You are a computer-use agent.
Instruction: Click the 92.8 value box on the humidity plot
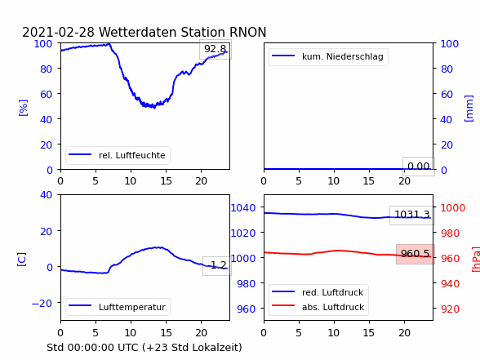click(x=216, y=49)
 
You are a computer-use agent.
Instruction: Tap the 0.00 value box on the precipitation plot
click(x=419, y=167)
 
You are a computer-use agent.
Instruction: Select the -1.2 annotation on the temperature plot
click(x=217, y=265)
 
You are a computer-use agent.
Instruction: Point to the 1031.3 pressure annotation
click(x=412, y=216)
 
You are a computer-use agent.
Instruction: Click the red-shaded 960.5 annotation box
click(x=416, y=254)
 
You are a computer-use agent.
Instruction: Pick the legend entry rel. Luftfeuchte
click(x=118, y=155)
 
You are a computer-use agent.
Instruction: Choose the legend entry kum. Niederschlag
click(x=328, y=56)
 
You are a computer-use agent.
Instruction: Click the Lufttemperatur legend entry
click(x=118, y=307)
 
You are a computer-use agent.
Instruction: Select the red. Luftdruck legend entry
click(x=318, y=292)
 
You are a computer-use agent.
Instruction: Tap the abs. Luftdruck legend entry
click(x=318, y=307)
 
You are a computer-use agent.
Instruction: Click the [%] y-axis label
click(x=23, y=108)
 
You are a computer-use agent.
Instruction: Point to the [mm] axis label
click(x=469, y=109)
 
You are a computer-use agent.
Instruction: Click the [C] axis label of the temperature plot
click(x=22, y=260)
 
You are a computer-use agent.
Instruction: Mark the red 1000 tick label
click(x=453, y=208)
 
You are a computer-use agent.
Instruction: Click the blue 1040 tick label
click(x=243, y=208)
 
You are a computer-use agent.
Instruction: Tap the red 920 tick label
click(x=450, y=309)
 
